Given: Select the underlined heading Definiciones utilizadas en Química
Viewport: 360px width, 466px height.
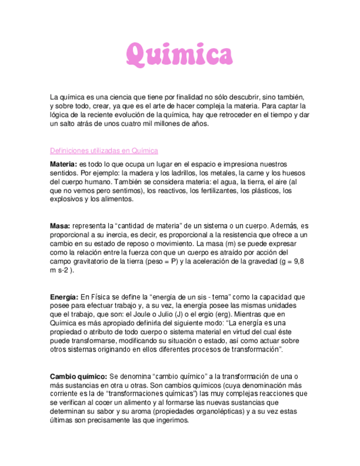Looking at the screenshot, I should coord(104,151).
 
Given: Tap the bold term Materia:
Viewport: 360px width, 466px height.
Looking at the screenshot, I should coord(64,164).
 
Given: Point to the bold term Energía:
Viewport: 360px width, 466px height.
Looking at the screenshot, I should coord(64,297).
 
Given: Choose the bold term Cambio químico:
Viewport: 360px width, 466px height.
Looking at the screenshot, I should coord(79,376).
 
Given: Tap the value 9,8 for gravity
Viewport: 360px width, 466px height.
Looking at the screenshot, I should coord(298,262).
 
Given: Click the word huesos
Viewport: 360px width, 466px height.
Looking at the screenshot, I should coord(293,173).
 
